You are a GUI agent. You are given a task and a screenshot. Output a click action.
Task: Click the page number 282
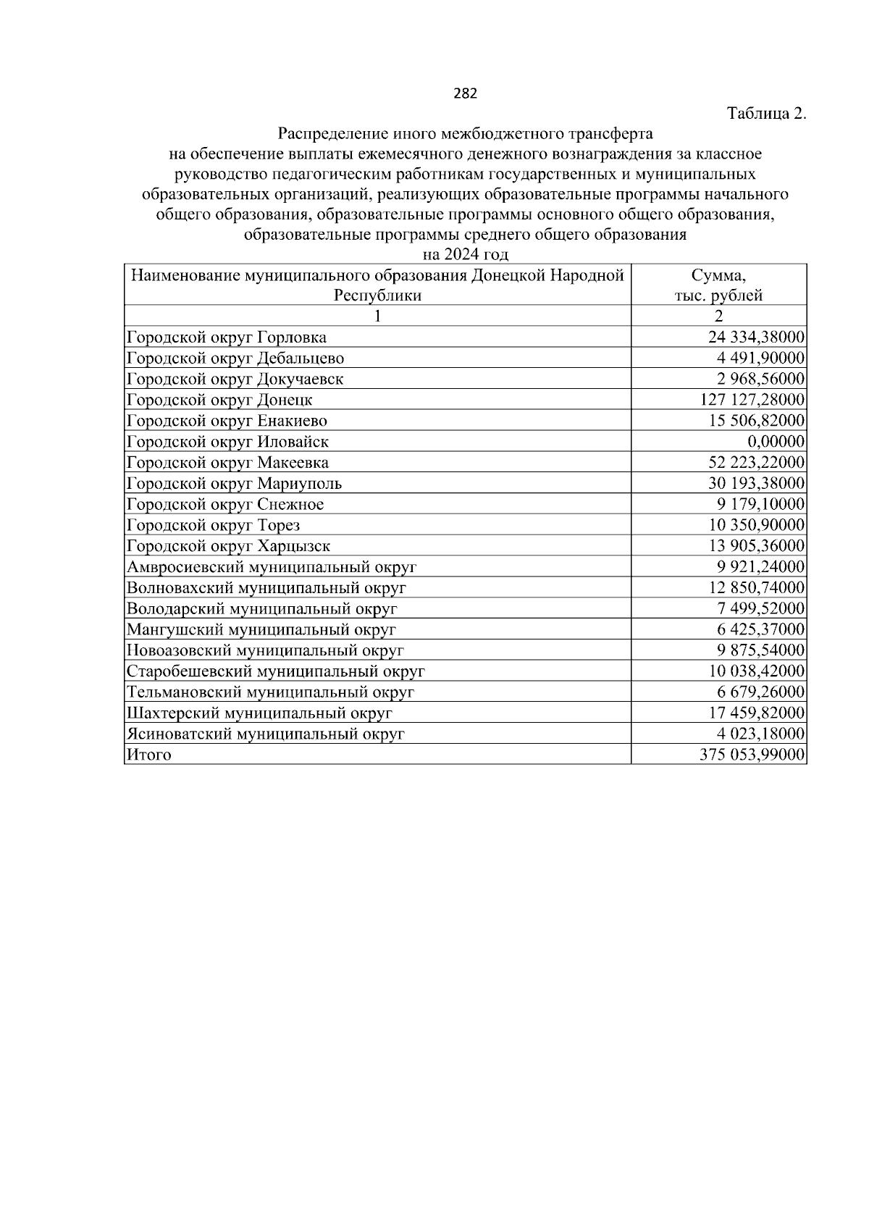coord(465,93)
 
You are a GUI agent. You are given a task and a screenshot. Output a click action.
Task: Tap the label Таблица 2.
coord(766,114)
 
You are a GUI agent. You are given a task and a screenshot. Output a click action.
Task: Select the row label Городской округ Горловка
coord(227,337)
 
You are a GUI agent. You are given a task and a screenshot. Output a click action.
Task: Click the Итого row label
coord(149,755)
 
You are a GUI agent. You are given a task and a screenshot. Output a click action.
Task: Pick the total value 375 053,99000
coord(752,755)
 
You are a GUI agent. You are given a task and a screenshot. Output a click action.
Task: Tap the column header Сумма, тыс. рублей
coord(718,285)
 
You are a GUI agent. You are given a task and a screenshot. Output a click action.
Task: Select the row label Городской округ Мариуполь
coord(234,484)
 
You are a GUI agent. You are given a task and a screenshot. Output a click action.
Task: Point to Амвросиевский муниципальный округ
coord(272,567)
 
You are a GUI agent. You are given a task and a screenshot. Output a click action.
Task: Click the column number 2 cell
coord(718,316)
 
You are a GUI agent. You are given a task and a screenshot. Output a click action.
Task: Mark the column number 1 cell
coord(377,316)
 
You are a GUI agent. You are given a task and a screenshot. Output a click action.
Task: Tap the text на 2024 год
coord(465,254)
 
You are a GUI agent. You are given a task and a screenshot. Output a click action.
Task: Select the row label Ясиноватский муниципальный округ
coord(266,734)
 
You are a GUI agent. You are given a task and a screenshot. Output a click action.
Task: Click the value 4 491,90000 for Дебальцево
coord(760,358)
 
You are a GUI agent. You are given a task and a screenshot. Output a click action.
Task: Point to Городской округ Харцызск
coord(229,546)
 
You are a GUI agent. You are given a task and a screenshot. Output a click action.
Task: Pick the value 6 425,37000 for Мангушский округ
coord(760,630)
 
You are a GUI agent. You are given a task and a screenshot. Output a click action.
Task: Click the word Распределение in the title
coord(331,134)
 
